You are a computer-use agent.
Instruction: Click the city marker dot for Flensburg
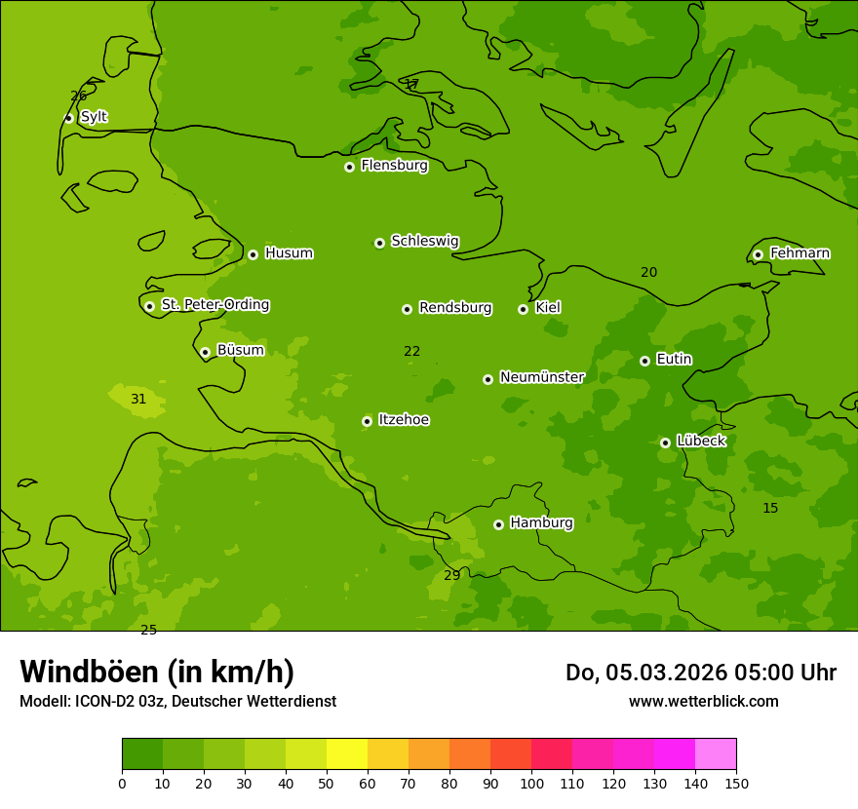(349, 167)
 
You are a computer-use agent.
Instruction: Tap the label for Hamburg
(541, 523)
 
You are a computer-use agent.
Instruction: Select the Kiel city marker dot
(523, 309)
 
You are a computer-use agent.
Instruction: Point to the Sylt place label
(94, 117)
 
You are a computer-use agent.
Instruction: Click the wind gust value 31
(138, 399)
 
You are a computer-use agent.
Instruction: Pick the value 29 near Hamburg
(451, 576)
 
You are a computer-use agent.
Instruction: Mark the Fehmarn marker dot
(758, 254)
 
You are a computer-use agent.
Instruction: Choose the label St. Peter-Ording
(214, 305)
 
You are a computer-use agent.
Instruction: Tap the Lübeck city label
(700, 442)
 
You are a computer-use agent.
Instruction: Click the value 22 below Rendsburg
(412, 352)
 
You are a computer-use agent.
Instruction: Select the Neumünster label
(541, 377)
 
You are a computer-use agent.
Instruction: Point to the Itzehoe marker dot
(367, 421)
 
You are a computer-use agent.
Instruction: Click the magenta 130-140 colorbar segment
(675, 754)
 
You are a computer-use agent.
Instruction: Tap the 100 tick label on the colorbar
(531, 783)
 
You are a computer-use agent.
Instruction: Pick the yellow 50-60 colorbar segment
(347, 754)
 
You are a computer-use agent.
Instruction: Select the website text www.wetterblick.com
(703, 702)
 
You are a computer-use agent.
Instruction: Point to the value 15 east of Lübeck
(770, 509)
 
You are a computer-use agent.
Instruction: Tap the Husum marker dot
(253, 254)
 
